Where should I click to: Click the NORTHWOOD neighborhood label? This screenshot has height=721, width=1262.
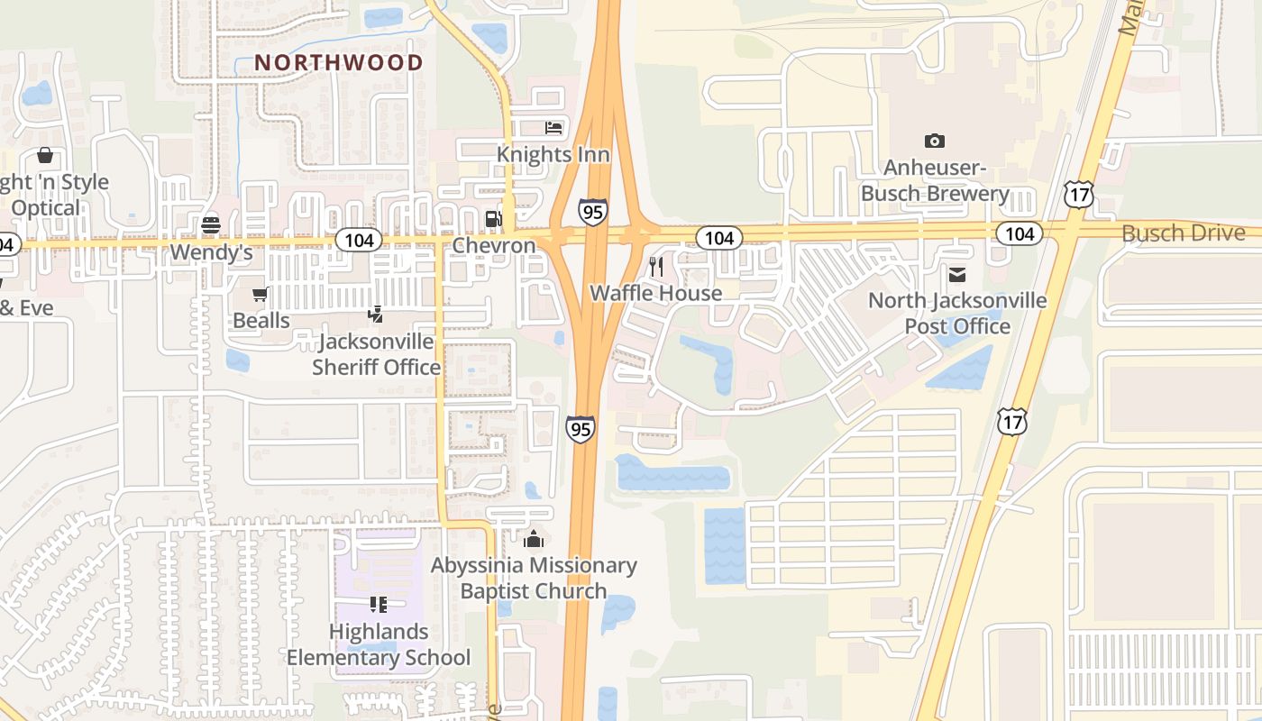339,62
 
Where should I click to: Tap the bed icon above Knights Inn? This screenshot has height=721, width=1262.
553,128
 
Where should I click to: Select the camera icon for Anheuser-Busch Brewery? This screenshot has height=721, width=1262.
934,141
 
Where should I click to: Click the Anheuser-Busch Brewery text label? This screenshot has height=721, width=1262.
934,180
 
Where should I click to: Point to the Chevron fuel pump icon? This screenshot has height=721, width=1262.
493,218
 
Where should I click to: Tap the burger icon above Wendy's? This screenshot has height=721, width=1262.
211,224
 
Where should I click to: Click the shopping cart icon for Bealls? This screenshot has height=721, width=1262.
261,294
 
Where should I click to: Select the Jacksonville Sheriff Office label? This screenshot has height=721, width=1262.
376,354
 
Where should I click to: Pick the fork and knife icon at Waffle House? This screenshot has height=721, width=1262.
656,266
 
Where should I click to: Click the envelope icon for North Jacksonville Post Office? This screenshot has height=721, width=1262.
956,274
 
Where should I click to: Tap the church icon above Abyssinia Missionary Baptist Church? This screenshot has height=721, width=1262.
534,539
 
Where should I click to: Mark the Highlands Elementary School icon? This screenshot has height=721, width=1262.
378,605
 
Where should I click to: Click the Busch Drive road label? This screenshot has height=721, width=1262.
1183,233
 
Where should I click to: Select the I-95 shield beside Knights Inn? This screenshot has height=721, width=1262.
592,212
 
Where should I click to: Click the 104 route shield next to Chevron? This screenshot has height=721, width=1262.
359,240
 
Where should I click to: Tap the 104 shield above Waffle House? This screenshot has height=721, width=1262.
718,238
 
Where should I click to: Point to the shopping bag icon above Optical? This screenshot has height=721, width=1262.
45,156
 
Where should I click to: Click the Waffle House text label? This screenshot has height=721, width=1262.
655,293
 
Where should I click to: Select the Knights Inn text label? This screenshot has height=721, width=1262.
553,154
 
